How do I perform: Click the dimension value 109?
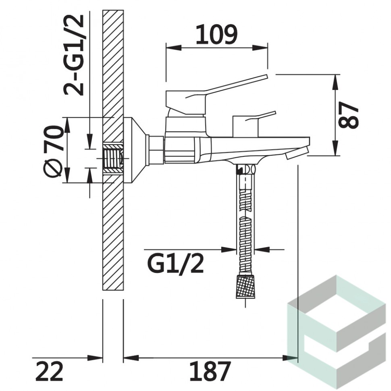point(216,34)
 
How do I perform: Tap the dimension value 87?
point(348,115)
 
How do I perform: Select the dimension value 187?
point(210,371)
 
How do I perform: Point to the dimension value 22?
point(49,371)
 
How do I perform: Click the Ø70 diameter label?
point(53,151)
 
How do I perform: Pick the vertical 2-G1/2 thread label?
point(73,55)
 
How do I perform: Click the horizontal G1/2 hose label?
point(176,264)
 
